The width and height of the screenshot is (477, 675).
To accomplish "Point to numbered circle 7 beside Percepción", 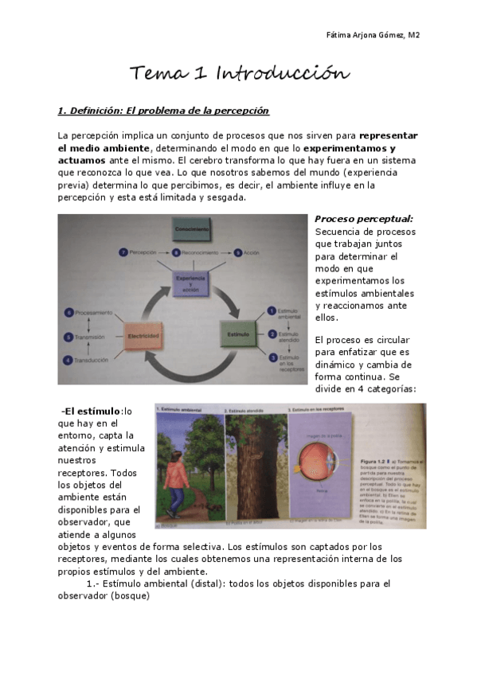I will [x=122, y=252].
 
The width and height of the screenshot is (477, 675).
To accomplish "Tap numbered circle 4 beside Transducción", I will [x=68, y=359].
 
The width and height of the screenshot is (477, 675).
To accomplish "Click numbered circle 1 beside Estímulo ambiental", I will [x=271, y=311].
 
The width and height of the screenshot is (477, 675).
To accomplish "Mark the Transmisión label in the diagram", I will [x=94, y=336].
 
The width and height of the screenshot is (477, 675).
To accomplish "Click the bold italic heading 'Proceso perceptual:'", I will [x=363, y=219].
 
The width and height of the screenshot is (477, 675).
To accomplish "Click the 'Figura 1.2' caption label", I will [x=388, y=462].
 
